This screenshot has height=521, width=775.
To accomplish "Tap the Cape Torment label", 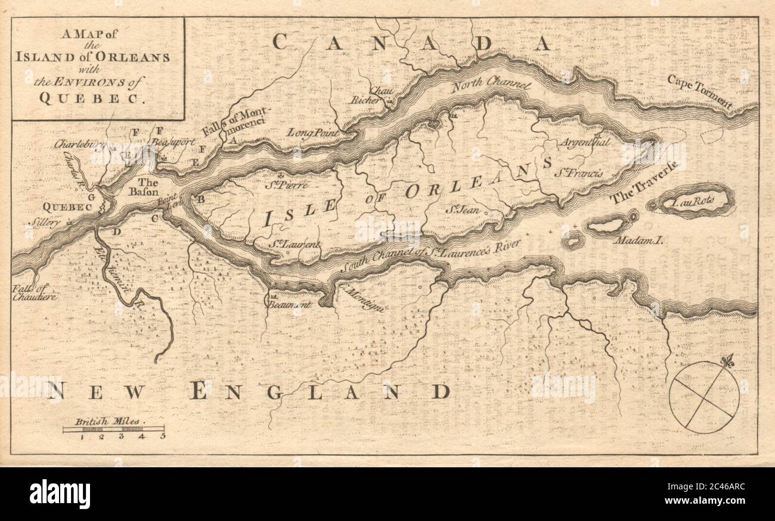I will pyautogui.click(x=700, y=91).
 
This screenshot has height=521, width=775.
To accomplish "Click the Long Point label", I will pyautogui.click(x=313, y=132).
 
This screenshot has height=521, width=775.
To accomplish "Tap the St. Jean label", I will pyautogui.click(x=462, y=210).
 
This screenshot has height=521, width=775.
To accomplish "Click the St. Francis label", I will pyautogui.click(x=578, y=173).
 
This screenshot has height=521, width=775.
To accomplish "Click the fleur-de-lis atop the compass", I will pyautogui.click(x=726, y=360).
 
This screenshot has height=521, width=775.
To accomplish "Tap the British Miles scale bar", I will pyautogui.click(x=113, y=428).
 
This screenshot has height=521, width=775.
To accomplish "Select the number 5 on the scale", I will pyautogui.click(x=162, y=436).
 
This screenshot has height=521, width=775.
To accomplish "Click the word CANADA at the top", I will pyautogui.click(x=411, y=42).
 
